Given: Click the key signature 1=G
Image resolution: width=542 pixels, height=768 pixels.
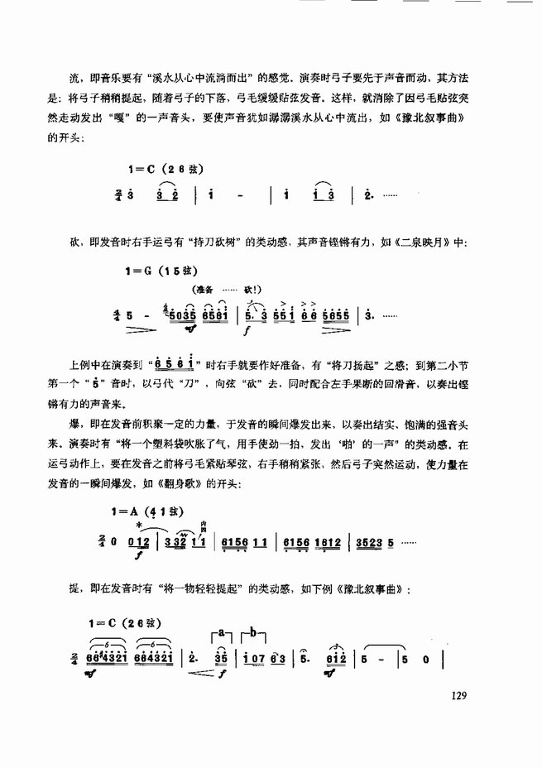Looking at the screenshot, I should [141, 270].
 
